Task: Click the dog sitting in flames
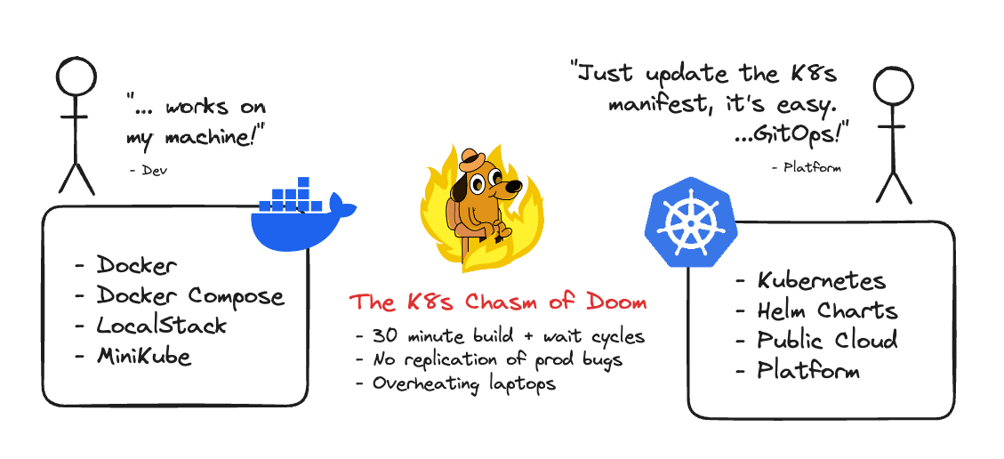pyautogui.click(x=479, y=209)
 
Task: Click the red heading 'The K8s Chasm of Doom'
pyautogui.click(x=497, y=302)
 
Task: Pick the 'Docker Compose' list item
pyautogui.click(x=189, y=296)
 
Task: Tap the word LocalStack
pyautogui.click(x=161, y=326)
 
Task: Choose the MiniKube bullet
pyautogui.click(x=143, y=356)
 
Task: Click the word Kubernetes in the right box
pyautogui.click(x=821, y=281)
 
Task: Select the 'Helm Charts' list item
pyautogui.click(x=827, y=311)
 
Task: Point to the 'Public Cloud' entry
pyautogui.click(x=827, y=341)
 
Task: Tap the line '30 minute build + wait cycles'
pyautogui.click(x=499, y=337)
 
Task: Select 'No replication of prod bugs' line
pyautogui.click(x=490, y=360)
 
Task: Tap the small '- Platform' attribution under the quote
pyautogui.click(x=806, y=167)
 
